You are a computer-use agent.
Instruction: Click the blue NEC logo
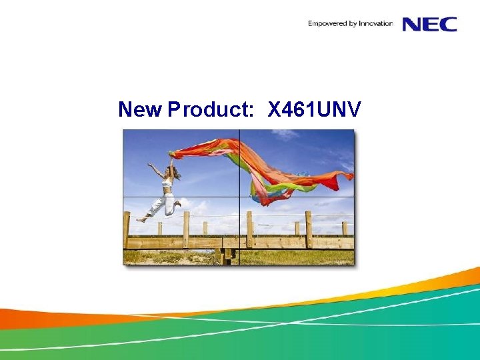click(x=429, y=24)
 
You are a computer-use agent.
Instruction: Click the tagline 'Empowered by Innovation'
click(x=350, y=24)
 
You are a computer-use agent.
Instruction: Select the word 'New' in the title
click(x=139, y=109)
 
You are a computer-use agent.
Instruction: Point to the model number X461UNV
click(x=314, y=109)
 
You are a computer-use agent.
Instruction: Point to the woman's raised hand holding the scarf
click(x=171, y=155)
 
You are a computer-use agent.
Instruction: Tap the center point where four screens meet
click(x=239, y=197)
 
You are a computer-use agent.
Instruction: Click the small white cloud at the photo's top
click(x=285, y=134)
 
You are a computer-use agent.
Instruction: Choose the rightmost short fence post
click(x=344, y=229)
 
